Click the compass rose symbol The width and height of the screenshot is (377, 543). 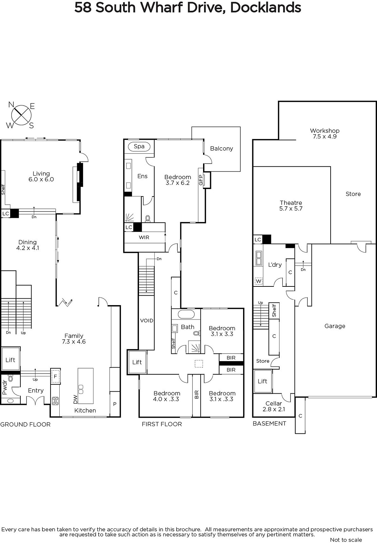21,115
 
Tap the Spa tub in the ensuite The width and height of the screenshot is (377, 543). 139,146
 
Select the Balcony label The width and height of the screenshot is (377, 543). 221,148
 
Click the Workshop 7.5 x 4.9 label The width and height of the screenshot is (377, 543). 325,134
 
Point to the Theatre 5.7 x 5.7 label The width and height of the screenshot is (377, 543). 291,206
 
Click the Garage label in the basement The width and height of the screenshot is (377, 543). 335,326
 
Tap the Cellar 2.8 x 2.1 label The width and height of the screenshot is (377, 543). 274,406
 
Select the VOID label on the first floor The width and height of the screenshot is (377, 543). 146,320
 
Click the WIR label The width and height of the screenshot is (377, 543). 144,237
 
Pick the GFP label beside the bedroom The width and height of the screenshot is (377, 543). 200,180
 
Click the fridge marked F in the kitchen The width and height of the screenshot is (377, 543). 56,376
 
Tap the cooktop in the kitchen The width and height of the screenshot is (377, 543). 55,401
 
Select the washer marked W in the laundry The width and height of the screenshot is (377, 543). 259,281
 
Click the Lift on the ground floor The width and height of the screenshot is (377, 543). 10,360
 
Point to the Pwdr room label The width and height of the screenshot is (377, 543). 5,389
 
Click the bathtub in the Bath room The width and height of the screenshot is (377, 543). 186,315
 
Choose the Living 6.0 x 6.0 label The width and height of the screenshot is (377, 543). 41,176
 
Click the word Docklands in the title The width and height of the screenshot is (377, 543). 265,7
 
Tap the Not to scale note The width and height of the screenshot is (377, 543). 346,540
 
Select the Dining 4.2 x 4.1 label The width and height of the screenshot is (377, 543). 27,245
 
